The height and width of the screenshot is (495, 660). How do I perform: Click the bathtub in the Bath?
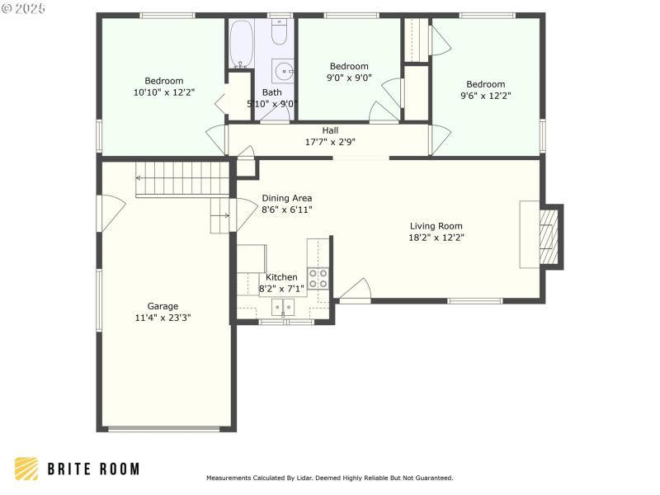[241, 43]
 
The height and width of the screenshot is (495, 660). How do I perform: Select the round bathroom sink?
[282, 70]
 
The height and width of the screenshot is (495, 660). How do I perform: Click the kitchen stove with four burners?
[318, 278]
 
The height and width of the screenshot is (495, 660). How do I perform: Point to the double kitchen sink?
[283, 308]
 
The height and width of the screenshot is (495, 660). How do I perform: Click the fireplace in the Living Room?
[548, 235]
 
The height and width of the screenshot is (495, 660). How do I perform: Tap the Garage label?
[163, 306]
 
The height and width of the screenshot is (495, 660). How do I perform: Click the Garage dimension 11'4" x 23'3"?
[163, 318]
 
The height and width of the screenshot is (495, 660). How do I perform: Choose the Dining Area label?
[286, 198]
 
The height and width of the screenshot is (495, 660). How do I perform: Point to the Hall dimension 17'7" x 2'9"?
[330, 141]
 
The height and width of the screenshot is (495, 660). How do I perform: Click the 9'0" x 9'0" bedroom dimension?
[349, 78]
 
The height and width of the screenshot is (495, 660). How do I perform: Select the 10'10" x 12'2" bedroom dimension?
[163, 92]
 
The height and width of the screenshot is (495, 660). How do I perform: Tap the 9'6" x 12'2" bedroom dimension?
[485, 96]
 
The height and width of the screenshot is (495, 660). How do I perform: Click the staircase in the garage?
[181, 179]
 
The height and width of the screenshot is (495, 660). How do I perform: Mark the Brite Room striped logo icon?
[26, 469]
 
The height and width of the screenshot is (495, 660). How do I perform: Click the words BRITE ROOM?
[92, 469]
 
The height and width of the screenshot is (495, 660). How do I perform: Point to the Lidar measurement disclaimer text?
[329, 478]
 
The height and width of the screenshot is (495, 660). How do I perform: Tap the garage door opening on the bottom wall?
[164, 428]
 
